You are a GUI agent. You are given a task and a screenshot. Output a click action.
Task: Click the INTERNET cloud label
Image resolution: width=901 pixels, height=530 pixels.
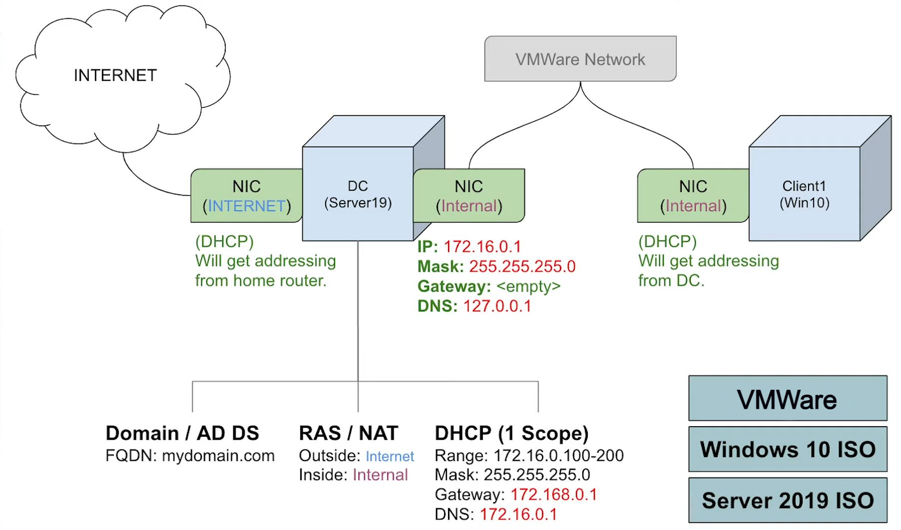115,75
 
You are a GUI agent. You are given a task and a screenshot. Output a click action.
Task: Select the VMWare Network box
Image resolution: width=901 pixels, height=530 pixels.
580,59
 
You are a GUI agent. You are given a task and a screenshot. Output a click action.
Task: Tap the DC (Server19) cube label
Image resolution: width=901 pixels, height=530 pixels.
358,194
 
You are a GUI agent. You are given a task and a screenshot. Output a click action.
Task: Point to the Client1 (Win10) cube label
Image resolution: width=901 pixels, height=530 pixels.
804,194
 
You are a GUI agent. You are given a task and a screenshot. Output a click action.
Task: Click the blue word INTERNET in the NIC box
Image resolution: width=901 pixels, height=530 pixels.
246,206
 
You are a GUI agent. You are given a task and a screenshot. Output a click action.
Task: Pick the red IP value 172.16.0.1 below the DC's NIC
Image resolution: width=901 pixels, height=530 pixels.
482,247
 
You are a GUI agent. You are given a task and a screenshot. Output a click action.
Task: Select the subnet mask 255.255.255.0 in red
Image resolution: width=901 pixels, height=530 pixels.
522,266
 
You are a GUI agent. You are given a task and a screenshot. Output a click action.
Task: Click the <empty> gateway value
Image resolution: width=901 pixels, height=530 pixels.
528,286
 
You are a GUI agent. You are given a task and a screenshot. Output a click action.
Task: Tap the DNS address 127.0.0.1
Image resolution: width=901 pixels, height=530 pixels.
497,306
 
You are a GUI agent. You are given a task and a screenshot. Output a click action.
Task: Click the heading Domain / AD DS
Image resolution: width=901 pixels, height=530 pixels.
182,433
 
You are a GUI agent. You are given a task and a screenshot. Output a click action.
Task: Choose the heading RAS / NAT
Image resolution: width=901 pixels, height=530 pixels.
348,433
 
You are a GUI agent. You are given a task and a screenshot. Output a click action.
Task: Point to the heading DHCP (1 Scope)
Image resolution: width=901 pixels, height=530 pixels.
511,433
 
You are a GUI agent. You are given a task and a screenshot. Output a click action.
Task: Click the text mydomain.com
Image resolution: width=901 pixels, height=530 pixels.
218,456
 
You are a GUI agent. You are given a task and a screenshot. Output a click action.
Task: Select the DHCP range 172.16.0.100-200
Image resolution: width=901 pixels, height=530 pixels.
558,456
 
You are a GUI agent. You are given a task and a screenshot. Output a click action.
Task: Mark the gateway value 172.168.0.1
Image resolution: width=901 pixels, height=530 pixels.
553,495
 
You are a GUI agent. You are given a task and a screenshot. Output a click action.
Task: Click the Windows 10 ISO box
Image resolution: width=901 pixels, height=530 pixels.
788,449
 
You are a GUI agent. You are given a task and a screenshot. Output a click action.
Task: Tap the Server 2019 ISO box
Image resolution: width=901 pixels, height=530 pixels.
788,500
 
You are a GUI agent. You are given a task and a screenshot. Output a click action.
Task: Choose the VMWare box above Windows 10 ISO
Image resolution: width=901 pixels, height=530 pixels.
788,399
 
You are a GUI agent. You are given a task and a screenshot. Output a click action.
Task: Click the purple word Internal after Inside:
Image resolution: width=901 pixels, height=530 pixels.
380,475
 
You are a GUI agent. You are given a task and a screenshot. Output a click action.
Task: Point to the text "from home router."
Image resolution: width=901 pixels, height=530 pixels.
261,281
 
